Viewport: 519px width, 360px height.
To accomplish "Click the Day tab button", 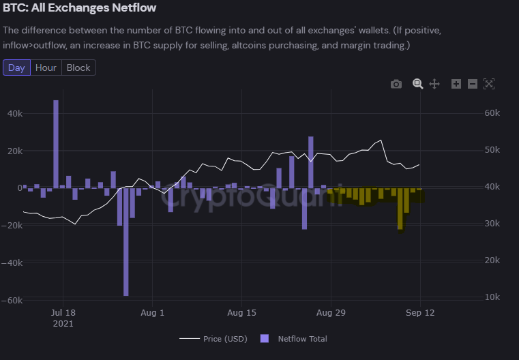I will click(x=16, y=67).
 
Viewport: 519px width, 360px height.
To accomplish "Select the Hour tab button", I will click(x=46, y=67).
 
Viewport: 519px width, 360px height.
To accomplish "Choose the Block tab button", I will click(x=78, y=67).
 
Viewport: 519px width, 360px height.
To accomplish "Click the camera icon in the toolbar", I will click(x=396, y=84).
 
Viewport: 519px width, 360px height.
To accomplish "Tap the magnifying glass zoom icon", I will click(x=417, y=84).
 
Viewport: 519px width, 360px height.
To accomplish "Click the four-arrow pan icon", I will click(x=434, y=84).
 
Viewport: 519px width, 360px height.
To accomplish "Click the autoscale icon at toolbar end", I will click(x=488, y=84).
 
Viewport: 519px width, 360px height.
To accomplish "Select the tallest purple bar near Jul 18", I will click(x=56, y=143).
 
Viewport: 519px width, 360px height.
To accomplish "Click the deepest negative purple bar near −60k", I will click(x=126, y=242).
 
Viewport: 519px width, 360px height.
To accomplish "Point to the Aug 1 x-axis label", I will click(x=152, y=313).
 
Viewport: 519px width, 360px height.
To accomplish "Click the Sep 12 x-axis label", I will click(x=420, y=313).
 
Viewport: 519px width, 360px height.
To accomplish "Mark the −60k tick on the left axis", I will click(x=14, y=300).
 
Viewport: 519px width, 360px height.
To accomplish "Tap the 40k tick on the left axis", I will click(x=15, y=113).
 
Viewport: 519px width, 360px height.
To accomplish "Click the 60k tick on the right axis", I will click(x=492, y=113).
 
